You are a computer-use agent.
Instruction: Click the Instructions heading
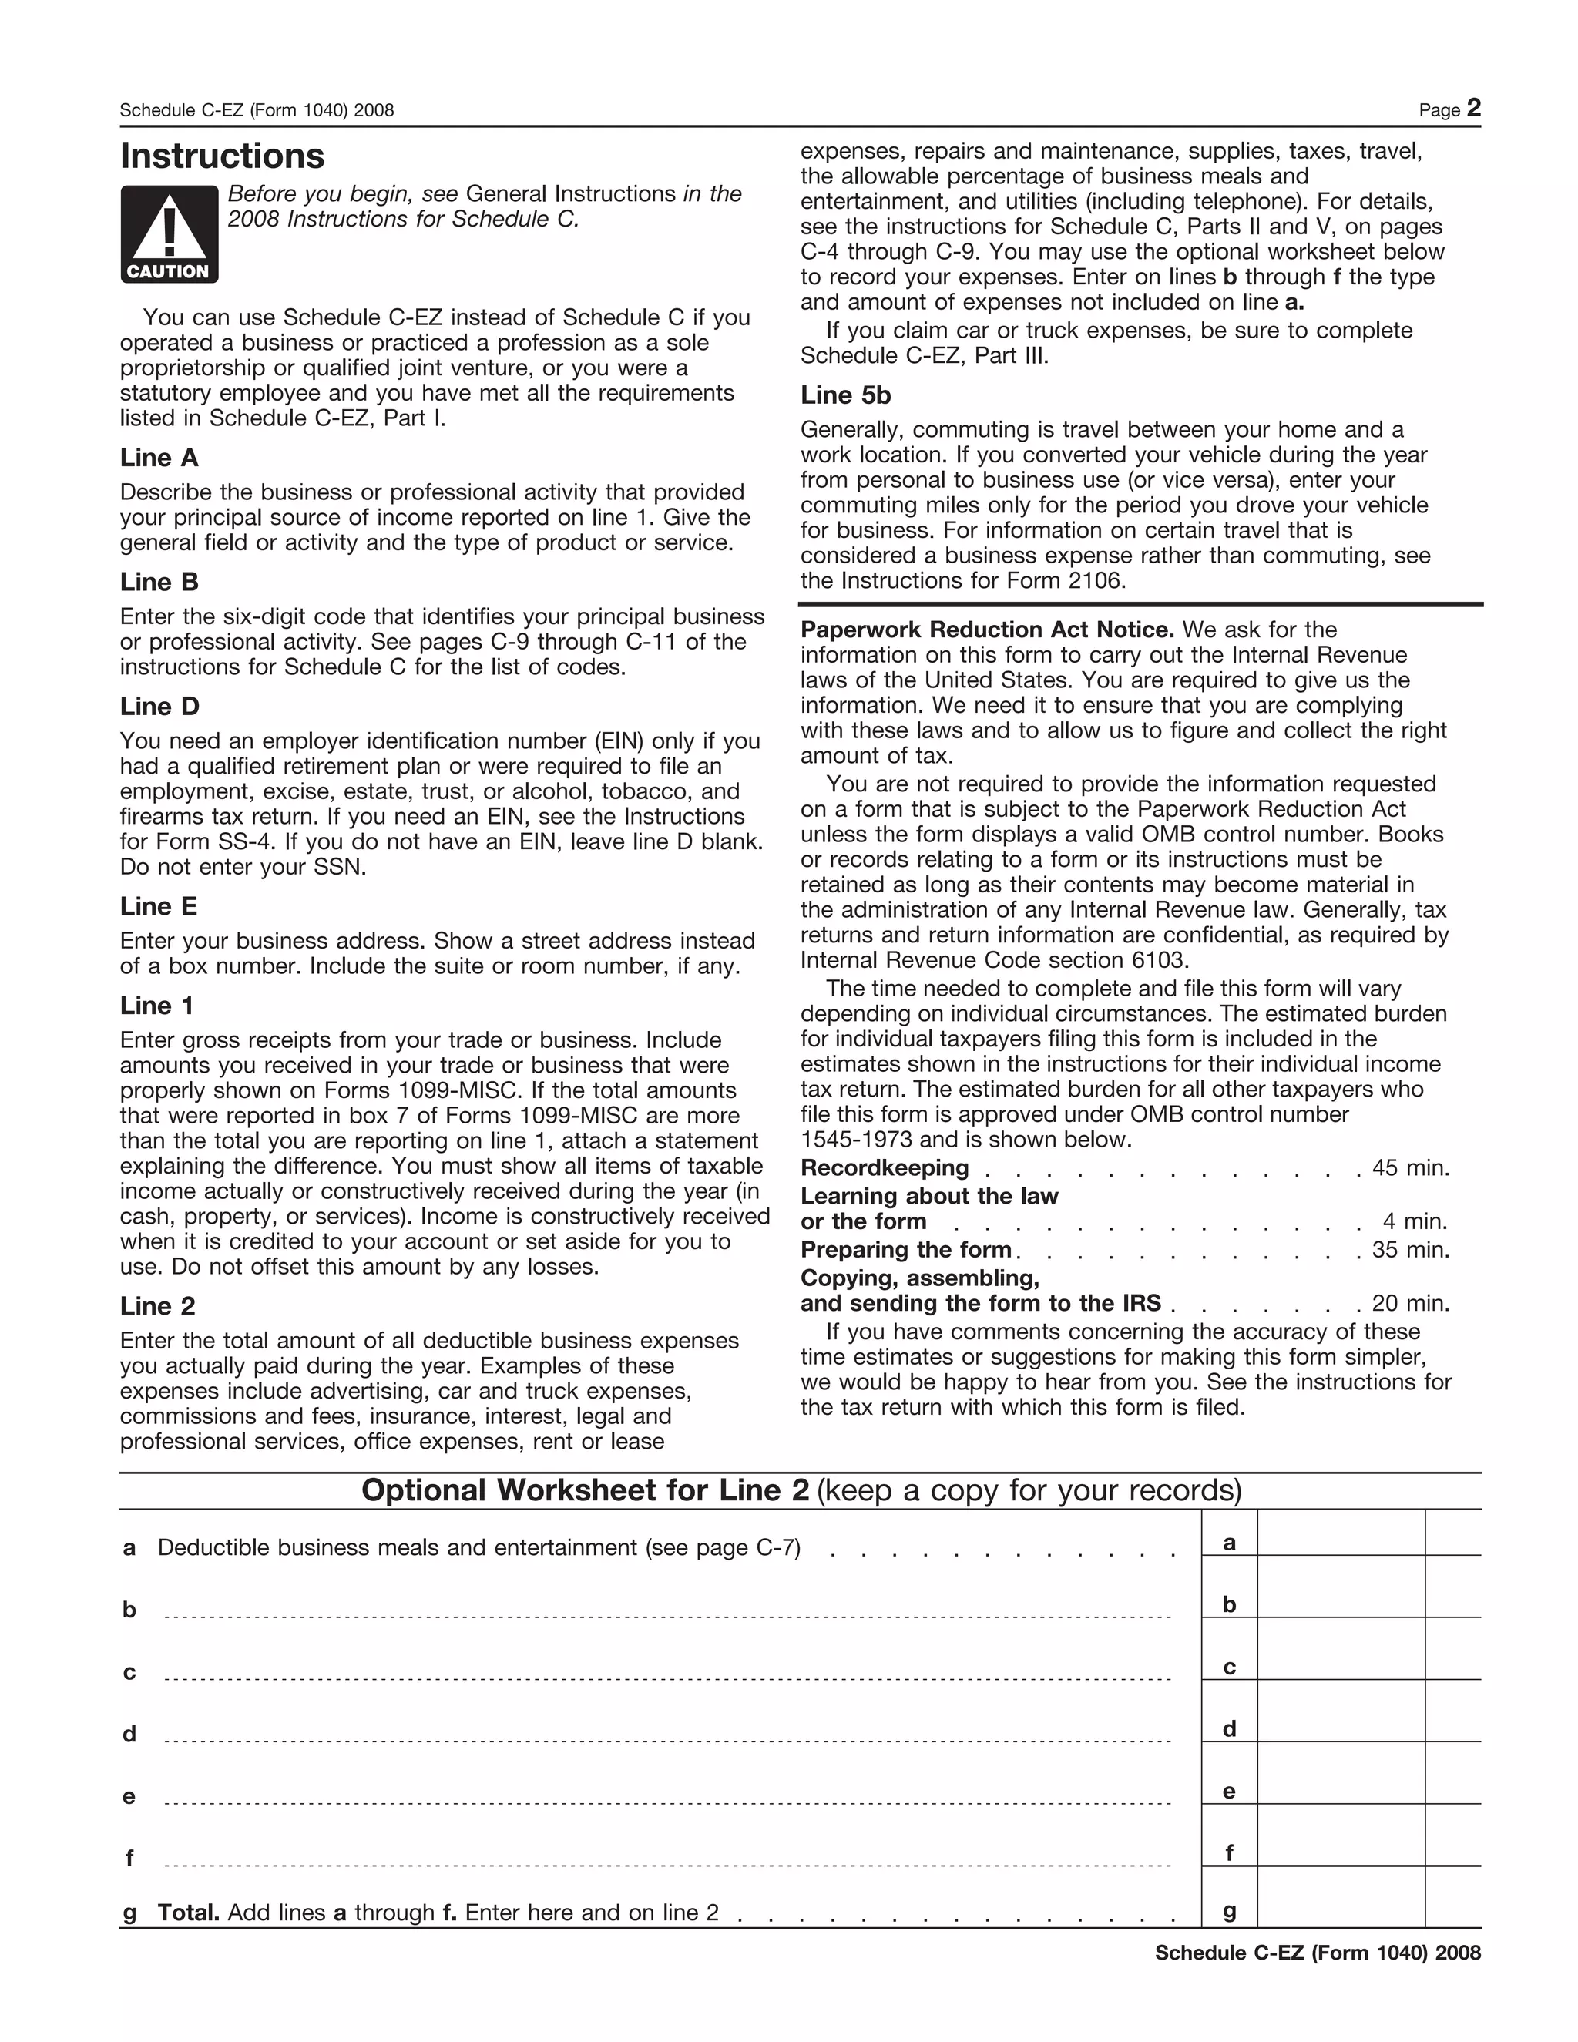[x=223, y=156]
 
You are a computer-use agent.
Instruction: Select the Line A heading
[x=159, y=458]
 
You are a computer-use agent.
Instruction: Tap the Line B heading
[x=159, y=583]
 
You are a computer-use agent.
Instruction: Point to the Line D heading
[x=159, y=707]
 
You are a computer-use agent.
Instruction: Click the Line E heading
[x=159, y=907]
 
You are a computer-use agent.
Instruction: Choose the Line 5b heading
[x=845, y=395]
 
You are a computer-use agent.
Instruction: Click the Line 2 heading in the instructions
[x=157, y=1306]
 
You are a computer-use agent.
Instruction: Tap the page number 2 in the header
[x=1472, y=109]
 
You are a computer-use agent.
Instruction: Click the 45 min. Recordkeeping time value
[x=1410, y=1167]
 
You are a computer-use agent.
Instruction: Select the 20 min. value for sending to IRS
[x=1410, y=1303]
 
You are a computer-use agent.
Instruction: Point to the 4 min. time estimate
[x=1415, y=1221]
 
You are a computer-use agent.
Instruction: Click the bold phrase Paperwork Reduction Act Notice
[x=987, y=630]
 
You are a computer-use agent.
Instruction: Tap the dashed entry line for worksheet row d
[x=666, y=1740]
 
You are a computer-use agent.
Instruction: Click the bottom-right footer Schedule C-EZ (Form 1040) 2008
[x=1317, y=1953]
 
